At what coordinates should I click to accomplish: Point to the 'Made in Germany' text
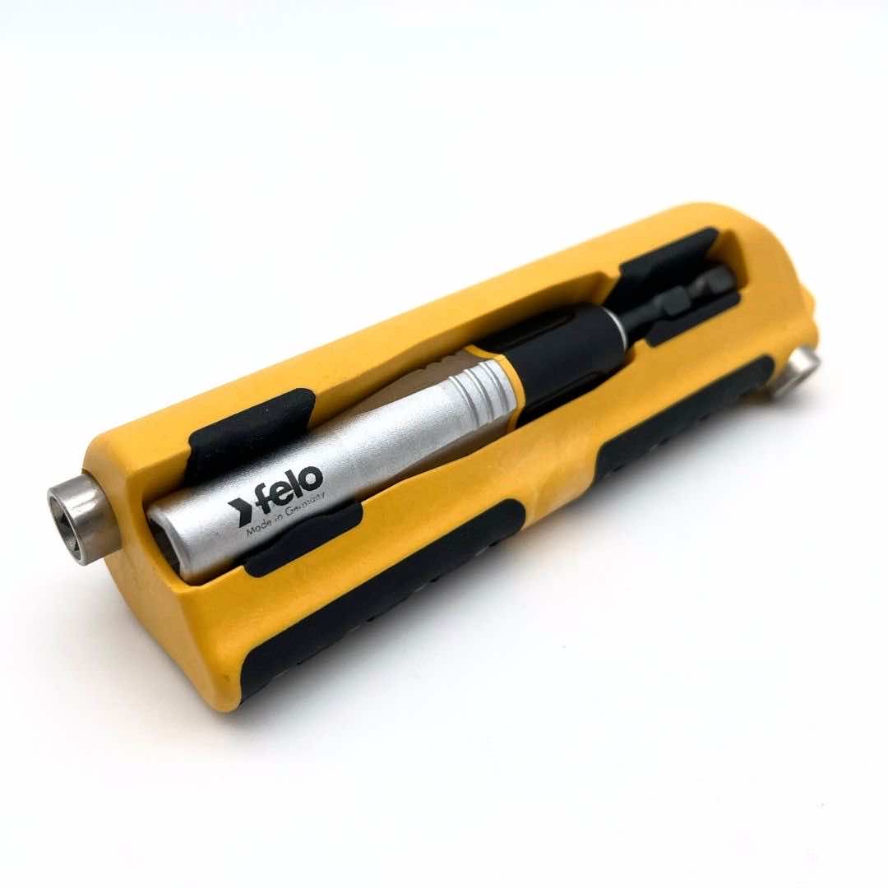(x=285, y=514)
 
